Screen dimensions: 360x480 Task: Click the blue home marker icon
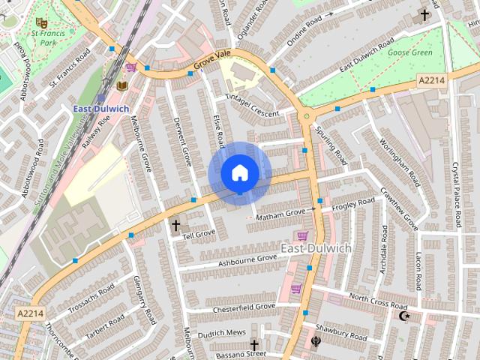click(x=239, y=173)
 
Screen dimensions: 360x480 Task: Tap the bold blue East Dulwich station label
click(x=100, y=109)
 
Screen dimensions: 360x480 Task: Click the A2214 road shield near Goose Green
click(x=431, y=80)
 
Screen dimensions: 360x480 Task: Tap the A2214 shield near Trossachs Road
click(x=30, y=313)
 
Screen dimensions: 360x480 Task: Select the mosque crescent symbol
click(x=406, y=316)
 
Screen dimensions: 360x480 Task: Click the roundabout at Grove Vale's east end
click(x=305, y=116)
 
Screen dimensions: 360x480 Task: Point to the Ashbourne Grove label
click(x=247, y=260)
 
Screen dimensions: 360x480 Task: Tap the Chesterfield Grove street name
click(x=244, y=307)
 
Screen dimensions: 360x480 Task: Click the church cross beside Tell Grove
click(x=176, y=224)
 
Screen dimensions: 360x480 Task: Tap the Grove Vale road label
click(x=212, y=64)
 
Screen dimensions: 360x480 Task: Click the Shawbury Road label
click(x=341, y=332)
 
